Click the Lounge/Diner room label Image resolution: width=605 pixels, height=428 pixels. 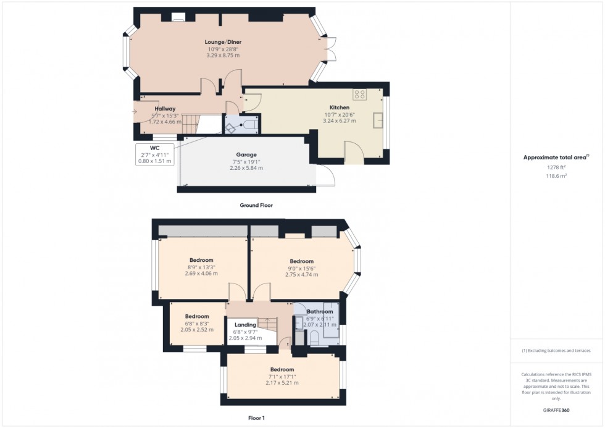(x=223, y=42)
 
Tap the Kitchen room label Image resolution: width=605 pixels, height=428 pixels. (x=340, y=107)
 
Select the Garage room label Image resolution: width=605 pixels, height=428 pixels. (x=246, y=154)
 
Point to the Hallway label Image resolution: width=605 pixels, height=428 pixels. (x=165, y=109)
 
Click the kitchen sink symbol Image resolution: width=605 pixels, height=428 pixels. (x=378, y=120)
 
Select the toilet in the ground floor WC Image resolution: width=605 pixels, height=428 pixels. (x=250, y=125)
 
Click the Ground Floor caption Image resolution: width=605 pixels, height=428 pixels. (x=256, y=205)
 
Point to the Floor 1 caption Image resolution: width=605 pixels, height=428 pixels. (x=256, y=418)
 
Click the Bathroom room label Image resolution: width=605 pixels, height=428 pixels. (x=320, y=312)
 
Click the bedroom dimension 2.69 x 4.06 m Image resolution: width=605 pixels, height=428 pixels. (x=201, y=274)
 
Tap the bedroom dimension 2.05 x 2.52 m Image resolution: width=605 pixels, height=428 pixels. (x=197, y=329)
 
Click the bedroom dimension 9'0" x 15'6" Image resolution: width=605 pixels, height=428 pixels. (x=301, y=268)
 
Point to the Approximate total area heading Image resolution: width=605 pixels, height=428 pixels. (x=547, y=157)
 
